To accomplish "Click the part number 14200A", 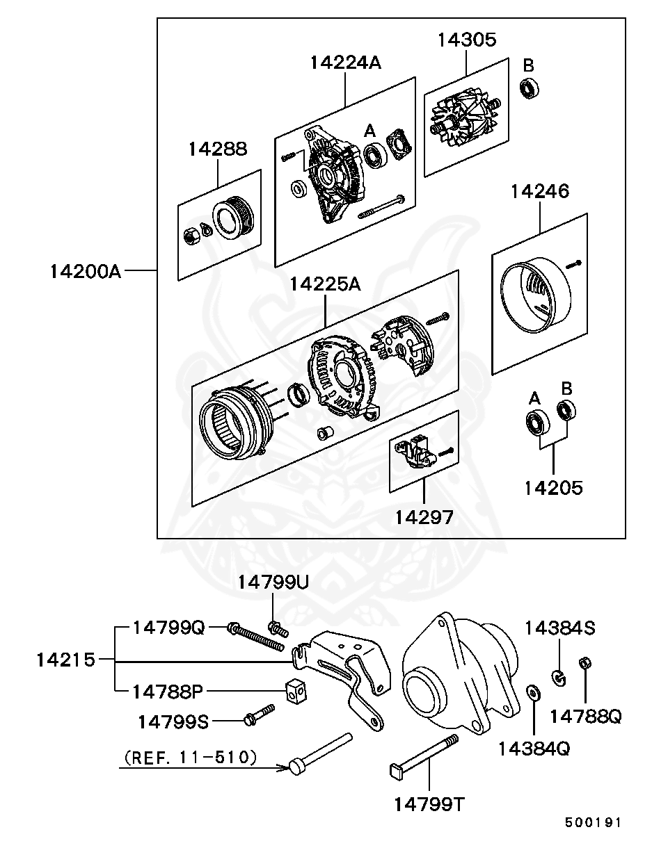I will [86, 271].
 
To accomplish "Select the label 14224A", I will [346, 62].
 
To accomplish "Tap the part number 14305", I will [467, 40].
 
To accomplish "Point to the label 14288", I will [217, 149].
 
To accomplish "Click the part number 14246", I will [540, 191].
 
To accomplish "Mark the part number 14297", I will [424, 517].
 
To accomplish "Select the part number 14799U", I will [273, 582].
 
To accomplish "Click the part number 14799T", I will [429, 803].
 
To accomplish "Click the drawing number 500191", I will [592, 822].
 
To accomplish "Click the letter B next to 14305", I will [529, 66].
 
